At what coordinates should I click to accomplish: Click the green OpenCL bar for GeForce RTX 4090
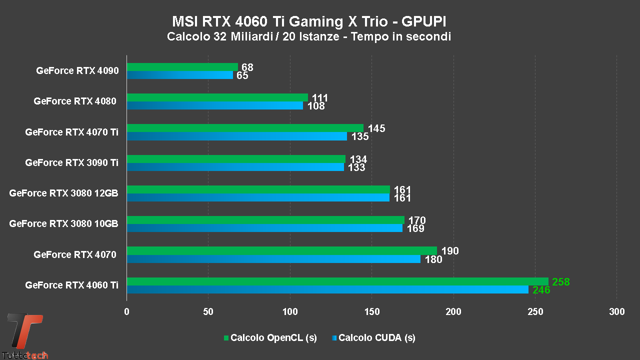click(x=182, y=67)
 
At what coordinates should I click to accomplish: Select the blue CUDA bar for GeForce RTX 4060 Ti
click(x=327, y=289)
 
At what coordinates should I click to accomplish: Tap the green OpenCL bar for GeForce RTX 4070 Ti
click(x=244, y=128)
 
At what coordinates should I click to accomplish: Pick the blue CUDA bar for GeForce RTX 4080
click(x=214, y=105)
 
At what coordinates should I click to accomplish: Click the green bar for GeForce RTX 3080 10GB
click(x=265, y=220)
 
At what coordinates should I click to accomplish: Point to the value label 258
click(x=560, y=282)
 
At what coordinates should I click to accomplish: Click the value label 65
click(x=242, y=75)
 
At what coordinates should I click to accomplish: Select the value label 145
click(x=376, y=128)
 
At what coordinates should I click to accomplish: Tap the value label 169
click(x=415, y=228)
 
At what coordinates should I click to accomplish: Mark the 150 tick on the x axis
click(x=371, y=312)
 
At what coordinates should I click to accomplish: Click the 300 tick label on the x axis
click(x=617, y=312)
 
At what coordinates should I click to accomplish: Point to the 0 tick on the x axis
click(x=126, y=312)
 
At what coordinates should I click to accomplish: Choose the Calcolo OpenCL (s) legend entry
click(x=270, y=338)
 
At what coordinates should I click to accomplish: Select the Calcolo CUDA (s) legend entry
click(x=373, y=338)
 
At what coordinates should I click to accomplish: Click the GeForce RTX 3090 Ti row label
click(x=71, y=162)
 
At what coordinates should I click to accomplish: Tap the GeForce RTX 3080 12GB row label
click(x=63, y=193)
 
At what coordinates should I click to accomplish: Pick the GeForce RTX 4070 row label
click(x=75, y=254)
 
